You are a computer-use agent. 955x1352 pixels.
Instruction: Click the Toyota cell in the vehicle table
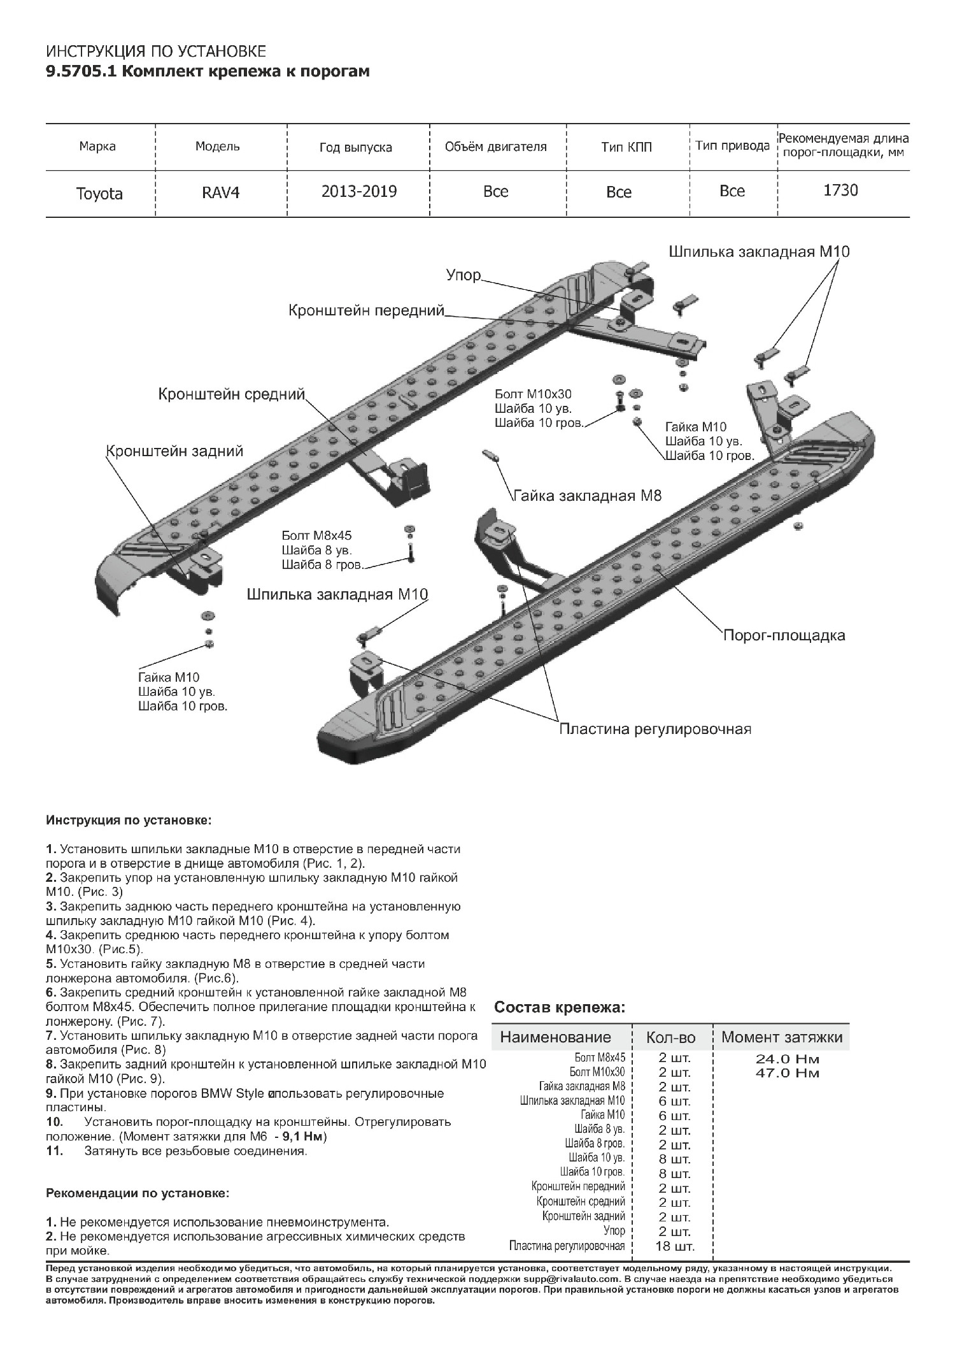[99, 194]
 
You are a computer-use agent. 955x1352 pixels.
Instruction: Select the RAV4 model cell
[220, 192]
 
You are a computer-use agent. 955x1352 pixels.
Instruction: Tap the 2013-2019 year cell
[359, 192]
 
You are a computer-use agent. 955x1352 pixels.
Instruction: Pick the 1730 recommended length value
[840, 191]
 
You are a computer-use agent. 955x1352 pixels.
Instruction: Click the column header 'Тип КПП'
[626, 148]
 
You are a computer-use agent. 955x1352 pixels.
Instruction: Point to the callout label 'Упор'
[463, 276]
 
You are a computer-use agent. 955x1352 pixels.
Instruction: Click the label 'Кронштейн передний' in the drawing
[366, 311]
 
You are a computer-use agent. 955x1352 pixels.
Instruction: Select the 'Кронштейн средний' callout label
[232, 395]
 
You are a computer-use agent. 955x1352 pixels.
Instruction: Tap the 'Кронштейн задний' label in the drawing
[174, 452]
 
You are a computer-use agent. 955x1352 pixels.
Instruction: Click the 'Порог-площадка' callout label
[784, 635]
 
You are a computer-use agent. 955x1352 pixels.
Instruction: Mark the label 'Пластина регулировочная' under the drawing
[655, 729]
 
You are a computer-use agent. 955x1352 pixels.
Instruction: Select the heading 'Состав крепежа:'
[560, 1008]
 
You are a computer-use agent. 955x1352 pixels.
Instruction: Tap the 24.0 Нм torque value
[787, 1060]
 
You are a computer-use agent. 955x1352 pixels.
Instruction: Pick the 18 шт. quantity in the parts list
[675, 1247]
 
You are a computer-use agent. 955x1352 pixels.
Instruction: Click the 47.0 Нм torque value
[787, 1074]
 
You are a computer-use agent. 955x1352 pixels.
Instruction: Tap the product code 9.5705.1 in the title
[81, 71]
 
